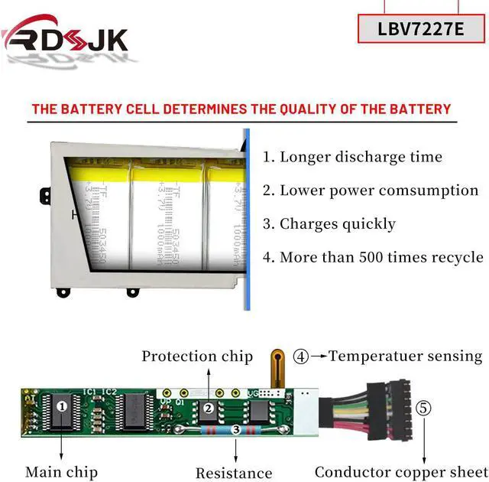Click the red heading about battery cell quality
pos(241,109)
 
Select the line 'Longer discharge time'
pos(352,157)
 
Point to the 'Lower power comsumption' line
pos(371,191)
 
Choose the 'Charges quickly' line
pos(329,224)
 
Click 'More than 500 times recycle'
pos(373,257)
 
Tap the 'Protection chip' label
pos(197,356)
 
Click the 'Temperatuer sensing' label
pos(406,356)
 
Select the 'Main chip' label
pos(61,472)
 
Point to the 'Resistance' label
pos(234,474)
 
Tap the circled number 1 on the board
pos(62,406)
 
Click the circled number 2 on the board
pos(208,409)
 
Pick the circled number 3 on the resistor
pos(236,431)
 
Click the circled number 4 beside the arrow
pos(302,356)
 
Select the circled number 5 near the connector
pos(423,408)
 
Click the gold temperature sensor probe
pos(278,367)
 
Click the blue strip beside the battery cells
pos(247,222)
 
